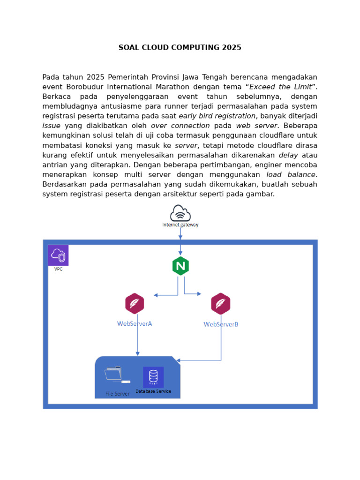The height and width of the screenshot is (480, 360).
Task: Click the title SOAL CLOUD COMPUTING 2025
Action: click(180, 47)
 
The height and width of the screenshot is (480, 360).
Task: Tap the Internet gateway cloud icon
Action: click(180, 213)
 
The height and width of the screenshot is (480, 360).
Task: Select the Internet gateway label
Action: click(180, 225)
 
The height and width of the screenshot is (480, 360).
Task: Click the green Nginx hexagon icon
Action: click(180, 266)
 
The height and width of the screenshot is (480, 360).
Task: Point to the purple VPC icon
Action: click(58, 255)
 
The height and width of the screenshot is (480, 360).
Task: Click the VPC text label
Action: click(58, 270)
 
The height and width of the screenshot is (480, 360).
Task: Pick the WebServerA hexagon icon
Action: click(135, 303)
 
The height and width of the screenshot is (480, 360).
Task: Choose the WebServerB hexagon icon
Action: click(220, 303)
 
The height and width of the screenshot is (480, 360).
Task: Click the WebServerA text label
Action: click(135, 323)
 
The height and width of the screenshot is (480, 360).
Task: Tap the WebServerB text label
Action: click(221, 324)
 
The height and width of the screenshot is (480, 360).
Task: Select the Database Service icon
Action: click(153, 377)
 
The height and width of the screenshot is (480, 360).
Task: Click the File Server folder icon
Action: click(114, 375)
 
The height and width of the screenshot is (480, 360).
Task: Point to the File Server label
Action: click(118, 394)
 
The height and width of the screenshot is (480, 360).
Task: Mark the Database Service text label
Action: click(153, 391)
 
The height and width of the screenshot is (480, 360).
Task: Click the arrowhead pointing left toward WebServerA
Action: click(156, 295)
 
